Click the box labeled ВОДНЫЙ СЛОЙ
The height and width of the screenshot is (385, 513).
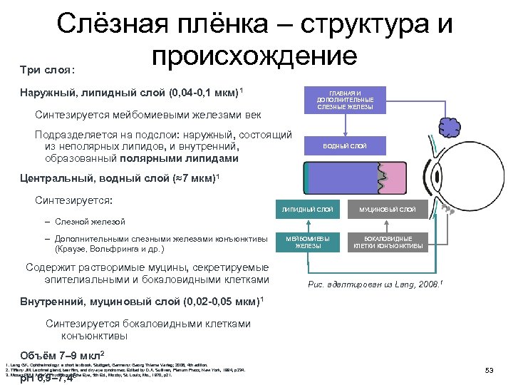[345, 146]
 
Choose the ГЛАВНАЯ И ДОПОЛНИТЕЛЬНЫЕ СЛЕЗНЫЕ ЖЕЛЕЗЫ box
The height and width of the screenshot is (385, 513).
[345, 100]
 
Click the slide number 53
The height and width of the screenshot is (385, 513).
[489, 369]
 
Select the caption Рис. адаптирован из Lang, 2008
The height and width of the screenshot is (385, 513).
[365, 284]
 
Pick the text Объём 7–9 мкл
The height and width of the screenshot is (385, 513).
[61, 354]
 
